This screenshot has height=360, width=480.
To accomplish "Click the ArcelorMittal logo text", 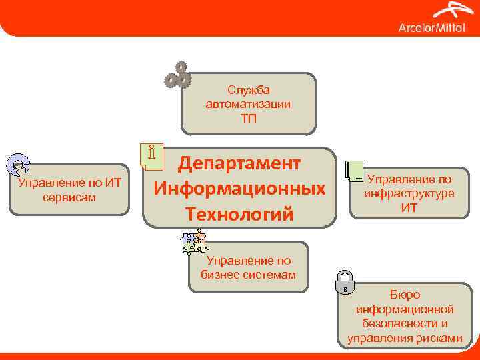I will tap(431, 27).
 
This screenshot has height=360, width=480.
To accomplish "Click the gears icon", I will tap(178, 75).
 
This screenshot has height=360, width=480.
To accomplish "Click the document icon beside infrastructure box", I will tap(354, 172).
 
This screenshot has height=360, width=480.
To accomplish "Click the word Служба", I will tap(249, 90).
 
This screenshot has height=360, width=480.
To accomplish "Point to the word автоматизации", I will tap(249, 104).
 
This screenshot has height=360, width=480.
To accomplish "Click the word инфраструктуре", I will tap(409, 193).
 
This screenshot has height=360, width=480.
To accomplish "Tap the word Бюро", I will tap(405, 294).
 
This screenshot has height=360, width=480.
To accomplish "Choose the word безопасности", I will tap(405, 323).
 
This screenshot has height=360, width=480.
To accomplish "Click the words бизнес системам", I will tap(249, 275).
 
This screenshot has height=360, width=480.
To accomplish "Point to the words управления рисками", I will tap(405, 338).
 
